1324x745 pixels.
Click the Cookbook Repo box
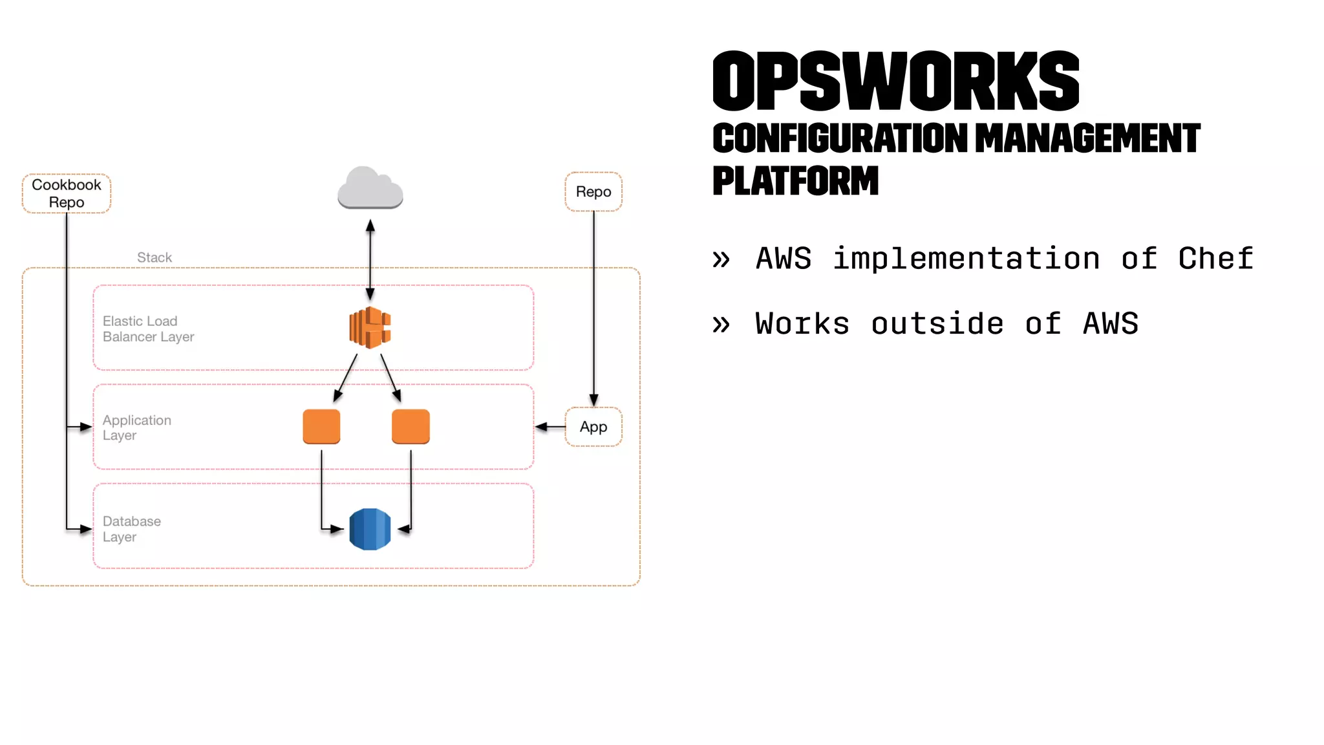(67, 193)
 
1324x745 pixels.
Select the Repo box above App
(593, 191)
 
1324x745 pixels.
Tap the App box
(593, 427)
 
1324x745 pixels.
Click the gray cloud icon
(370, 188)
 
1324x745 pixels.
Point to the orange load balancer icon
(370, 328)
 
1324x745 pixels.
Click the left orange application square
(321, 427)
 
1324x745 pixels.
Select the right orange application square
(411, 427)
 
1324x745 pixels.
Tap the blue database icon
(370, 529)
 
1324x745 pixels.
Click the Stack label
(155, 257)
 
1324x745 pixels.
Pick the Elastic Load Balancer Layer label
(148, 329)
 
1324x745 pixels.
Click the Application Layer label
(136, 427)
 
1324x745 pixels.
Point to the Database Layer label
(131, 529)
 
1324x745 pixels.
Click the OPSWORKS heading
(895, 81)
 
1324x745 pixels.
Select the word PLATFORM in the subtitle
(795, 180)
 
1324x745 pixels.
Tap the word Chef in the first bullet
(1215, 259)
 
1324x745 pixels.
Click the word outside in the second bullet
(937, 323)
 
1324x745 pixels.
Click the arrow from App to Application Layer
(550, 427)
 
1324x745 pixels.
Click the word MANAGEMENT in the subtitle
(1087, 138)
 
